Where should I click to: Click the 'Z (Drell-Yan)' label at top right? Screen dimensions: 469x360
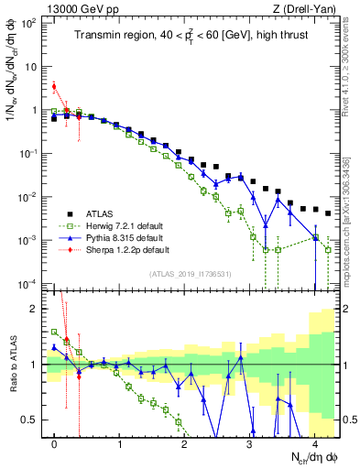click(300, 8)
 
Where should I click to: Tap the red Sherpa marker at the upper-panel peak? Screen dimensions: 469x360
click(54, 87)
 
